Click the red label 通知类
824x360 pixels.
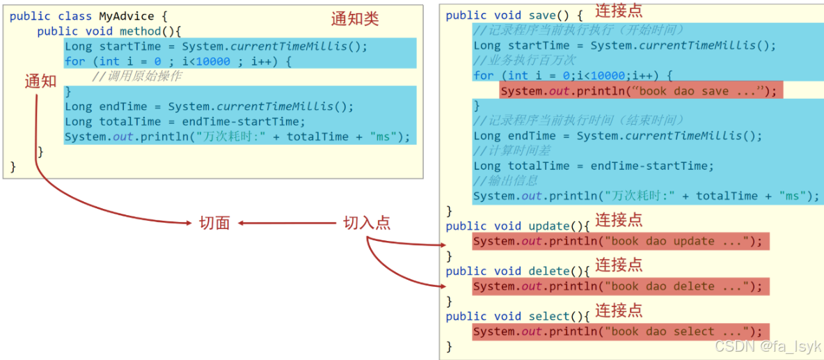pyautogui.click(x=355, y=19)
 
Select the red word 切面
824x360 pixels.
pyautogui.click(x=214, y=223)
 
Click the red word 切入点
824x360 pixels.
pyautogui.click(x=367, y=223)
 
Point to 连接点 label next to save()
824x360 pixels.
pyautogui.click(x=619, y=10)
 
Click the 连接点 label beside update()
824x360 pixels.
pyautogui.click(x=619, y=219)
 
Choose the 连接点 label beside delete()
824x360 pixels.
pyautogui.click(x=619, y=265)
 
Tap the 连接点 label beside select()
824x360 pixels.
pyautogui.click(x=619, y=310)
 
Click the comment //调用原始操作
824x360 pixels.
pyautogui.click(x=136, y=76)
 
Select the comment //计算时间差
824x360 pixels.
pyautogui.click(x=512, y=151)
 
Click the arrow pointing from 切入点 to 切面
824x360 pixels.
pyautogui.click(x=287, y=224)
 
